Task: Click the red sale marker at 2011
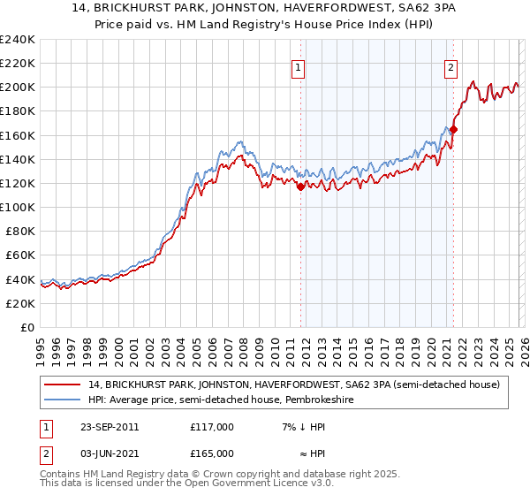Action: pyautogui.click(x=301, y=187)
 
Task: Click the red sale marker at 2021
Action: pyautogui.click(x=453, y=129)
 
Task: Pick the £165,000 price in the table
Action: pyautogui.click(x=211, y=453)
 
